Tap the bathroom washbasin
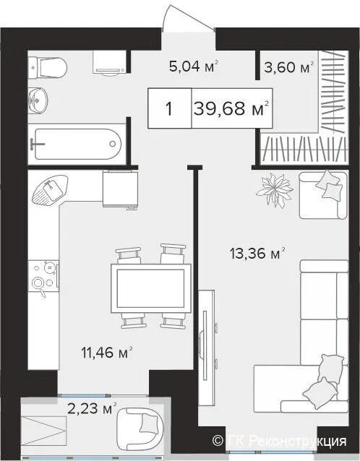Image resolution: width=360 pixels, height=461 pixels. (38, 100)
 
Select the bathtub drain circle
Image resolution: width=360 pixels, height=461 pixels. (113, 144)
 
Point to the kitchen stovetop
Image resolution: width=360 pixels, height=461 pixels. (44, 276)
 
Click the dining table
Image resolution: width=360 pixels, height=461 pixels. (151, 288)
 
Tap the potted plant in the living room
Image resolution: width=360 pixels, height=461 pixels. (275, 190)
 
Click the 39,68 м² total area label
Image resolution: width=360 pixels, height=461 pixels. (231, 108)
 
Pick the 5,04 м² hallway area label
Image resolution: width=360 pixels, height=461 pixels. (194, 66)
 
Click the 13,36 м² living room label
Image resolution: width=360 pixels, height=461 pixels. (257, 254)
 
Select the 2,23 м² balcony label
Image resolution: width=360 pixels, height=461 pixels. (92, 408)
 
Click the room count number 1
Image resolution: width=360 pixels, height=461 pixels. (169, 109)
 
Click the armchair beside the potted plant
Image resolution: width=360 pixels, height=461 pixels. (323, 195)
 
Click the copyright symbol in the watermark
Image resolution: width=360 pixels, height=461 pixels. (218, 441)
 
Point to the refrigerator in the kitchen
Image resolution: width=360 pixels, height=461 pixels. (120, 189)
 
